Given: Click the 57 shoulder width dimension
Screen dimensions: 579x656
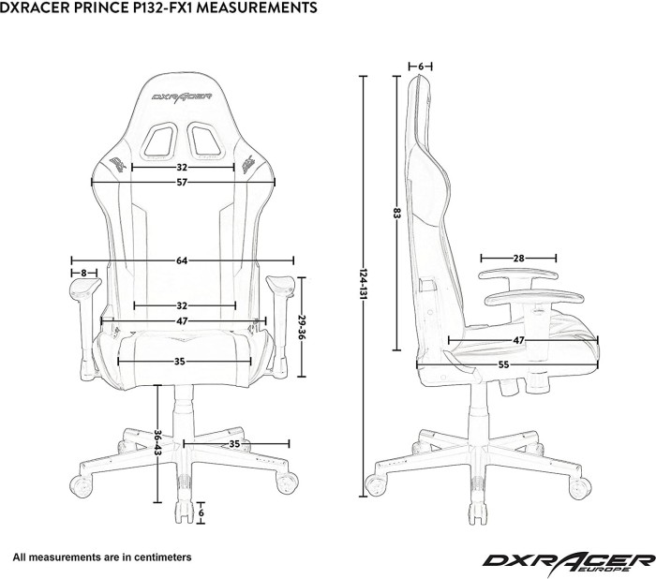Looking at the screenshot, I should coord(182,182).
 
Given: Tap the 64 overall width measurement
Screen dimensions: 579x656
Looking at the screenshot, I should coord(182,260).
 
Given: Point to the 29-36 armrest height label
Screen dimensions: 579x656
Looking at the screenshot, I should coord(302,325).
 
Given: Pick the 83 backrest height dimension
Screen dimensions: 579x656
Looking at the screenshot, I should coord(397,215).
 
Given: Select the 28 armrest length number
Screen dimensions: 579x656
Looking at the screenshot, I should coord(518,258).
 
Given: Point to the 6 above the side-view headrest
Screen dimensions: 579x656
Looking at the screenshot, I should coord(421,67).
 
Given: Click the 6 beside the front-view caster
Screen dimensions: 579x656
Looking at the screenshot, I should coord(201,513).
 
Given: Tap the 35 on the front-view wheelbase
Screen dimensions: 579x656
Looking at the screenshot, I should coord(235,444).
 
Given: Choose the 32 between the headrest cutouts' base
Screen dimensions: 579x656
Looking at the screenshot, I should coord(182,167).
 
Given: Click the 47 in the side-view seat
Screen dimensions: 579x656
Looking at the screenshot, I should coord(518,339).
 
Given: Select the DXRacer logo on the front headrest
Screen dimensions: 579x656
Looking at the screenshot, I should coord(183,96).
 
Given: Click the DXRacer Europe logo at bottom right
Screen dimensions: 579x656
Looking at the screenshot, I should coord(568,560).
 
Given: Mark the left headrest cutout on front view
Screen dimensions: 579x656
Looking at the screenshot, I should coord(161,141).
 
